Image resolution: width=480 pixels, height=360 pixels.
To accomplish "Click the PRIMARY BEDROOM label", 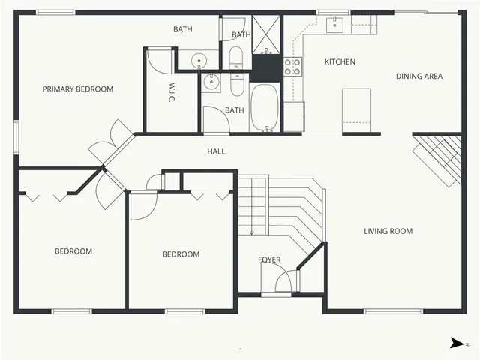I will [x=77, y=89].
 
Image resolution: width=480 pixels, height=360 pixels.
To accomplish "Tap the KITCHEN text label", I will [x=340, y=61].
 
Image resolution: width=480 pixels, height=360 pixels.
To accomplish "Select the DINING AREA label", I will [x=419, y=76].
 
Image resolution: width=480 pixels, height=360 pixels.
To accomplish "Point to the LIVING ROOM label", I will [x=388, y=231].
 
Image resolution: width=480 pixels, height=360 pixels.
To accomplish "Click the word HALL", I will [x=216, y=151].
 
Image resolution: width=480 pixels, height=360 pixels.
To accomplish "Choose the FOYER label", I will [x=269, y=259].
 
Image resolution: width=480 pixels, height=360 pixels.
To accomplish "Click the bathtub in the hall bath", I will [x=264, y=109].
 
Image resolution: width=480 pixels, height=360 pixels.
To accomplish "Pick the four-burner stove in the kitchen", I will [x=292, y=67].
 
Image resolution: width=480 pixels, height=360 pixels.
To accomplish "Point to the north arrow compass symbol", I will [x=457, y=343].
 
